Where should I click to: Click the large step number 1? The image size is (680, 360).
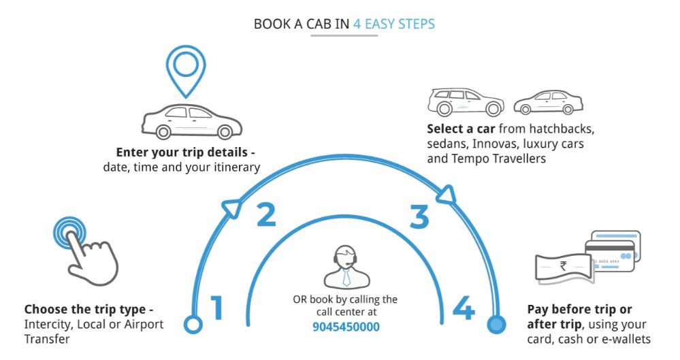pos(217,308)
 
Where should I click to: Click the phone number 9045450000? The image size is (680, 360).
pos(346,327)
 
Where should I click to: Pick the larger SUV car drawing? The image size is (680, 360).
pos(466,101)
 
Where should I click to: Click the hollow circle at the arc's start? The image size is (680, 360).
pos(194,325)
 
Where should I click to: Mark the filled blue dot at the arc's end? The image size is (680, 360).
pos(497,325)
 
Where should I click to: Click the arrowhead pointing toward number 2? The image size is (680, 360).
pos(231,208)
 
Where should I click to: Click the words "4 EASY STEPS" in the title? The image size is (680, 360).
pos(393,24)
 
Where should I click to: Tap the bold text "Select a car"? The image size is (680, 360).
pos(462,129)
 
